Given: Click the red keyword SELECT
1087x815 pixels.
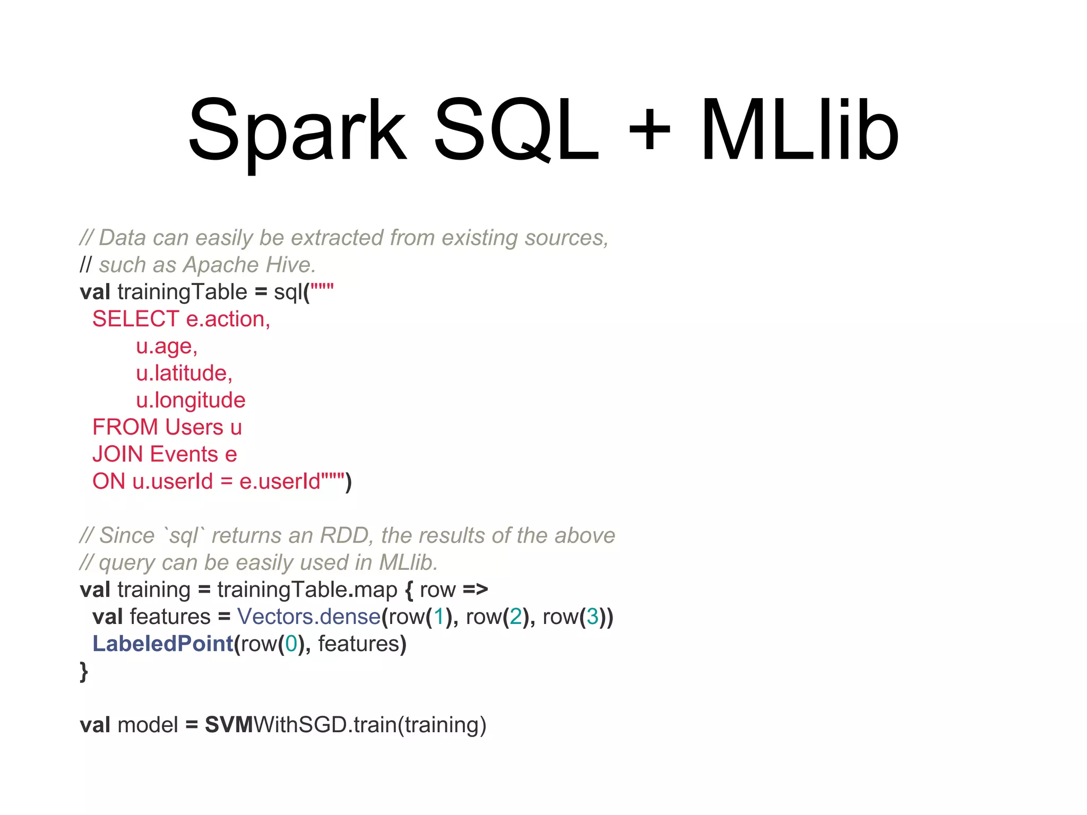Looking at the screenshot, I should [x=135, y=319].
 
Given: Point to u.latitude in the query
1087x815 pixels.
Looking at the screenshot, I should [x=184, y=373].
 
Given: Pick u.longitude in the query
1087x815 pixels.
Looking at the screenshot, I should [x=191, y=400].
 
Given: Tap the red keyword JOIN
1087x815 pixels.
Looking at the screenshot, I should [x=118, y=454].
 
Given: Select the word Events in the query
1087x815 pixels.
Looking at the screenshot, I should [x=184, y=454].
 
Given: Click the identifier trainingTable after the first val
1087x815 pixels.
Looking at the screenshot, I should [x=183, y=292].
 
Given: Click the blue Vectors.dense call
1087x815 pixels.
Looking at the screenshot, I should [x=309, y=617].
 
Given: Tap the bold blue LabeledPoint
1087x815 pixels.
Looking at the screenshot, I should [x=163, y=644].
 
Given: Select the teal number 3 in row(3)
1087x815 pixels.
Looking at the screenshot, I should [x=592, y=617].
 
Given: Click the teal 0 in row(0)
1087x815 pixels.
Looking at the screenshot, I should [x=291, y=644].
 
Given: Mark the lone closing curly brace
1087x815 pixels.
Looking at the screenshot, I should [x=83, y=671].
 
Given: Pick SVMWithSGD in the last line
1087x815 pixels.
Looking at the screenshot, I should [x=275, y=725].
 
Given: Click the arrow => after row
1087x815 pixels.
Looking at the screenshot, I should [x=475, y=589].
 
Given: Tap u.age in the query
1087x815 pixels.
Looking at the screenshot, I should [x=167, y=346].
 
